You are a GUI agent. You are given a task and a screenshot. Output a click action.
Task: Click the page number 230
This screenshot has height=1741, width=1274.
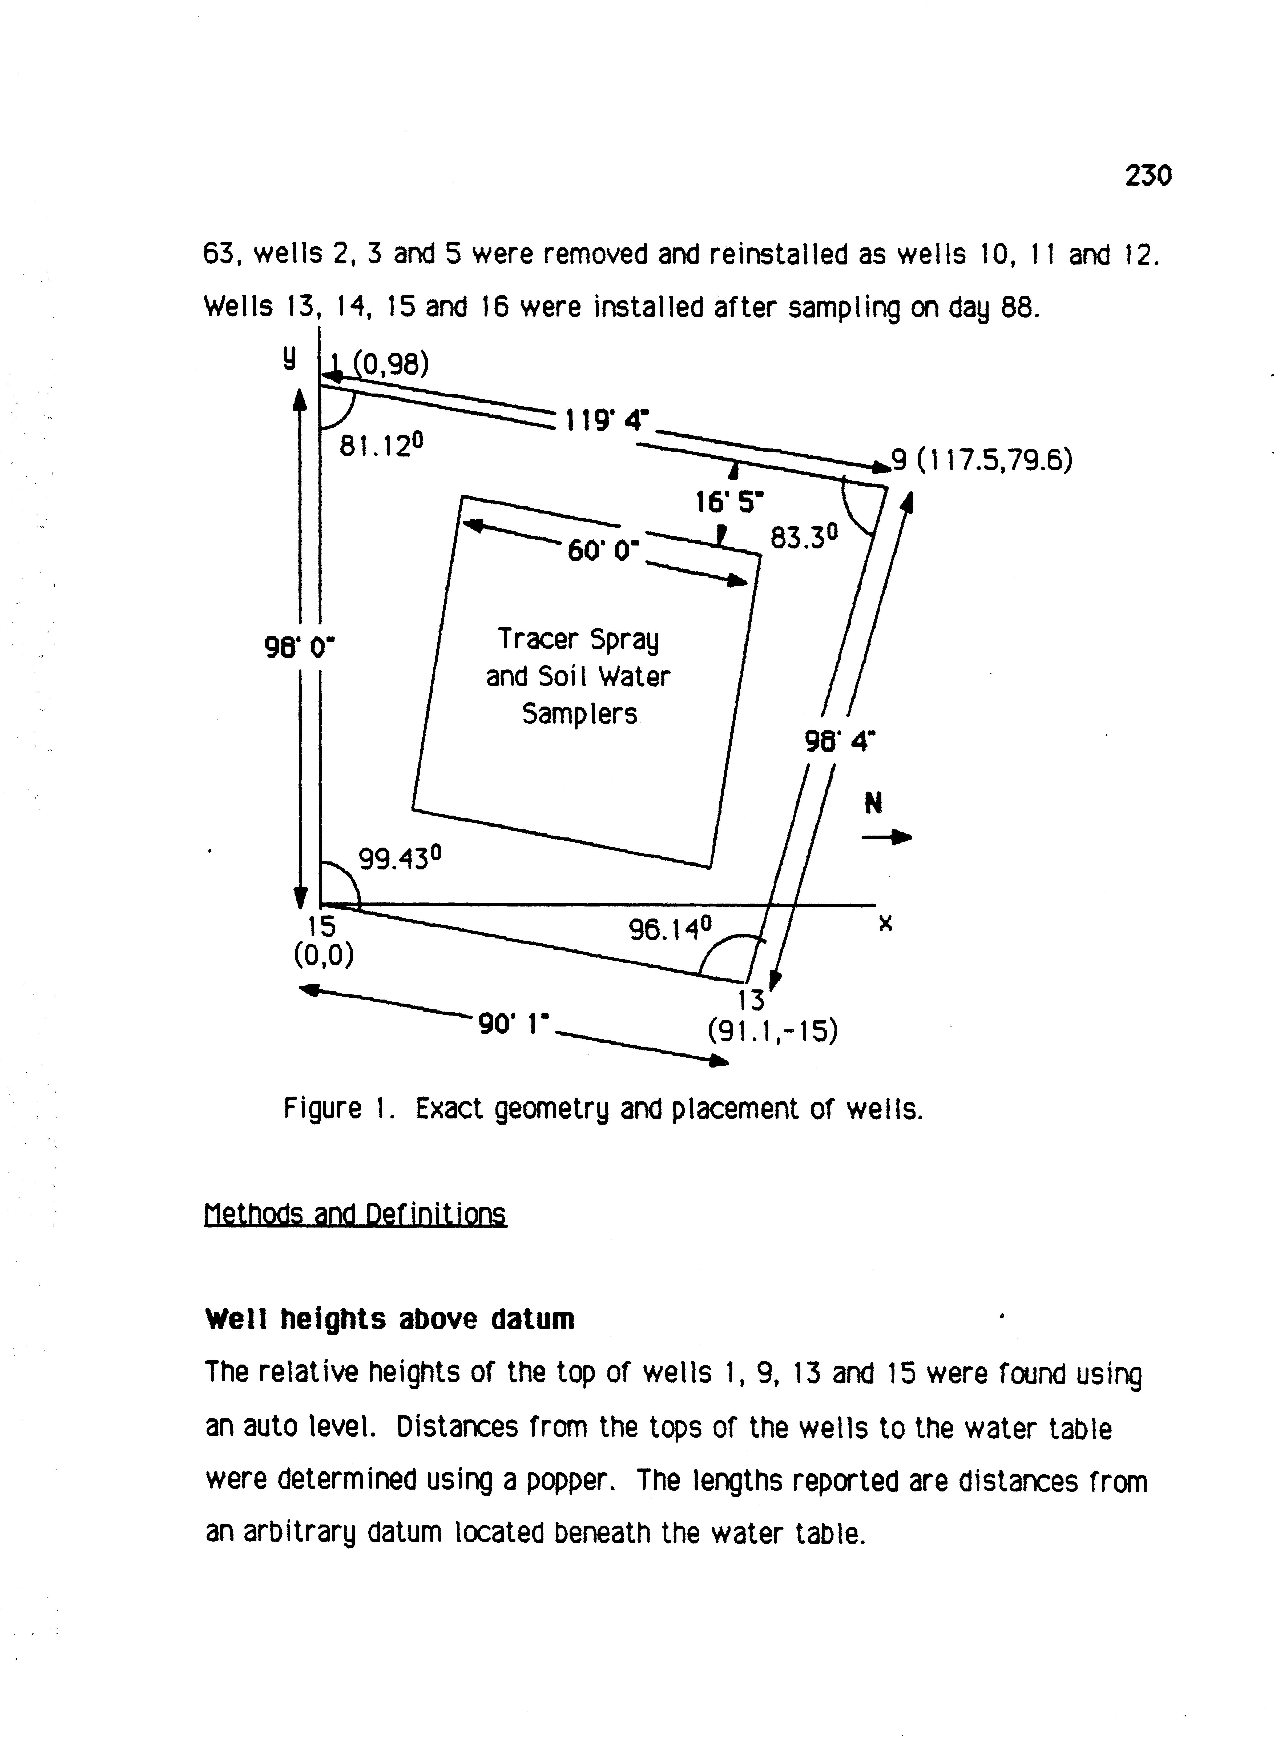click(1147, 177)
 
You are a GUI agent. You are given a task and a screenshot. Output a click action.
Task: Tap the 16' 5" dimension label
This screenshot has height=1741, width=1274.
click(729, 503)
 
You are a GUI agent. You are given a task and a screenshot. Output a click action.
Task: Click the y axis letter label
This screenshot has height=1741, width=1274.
click(288, 357)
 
